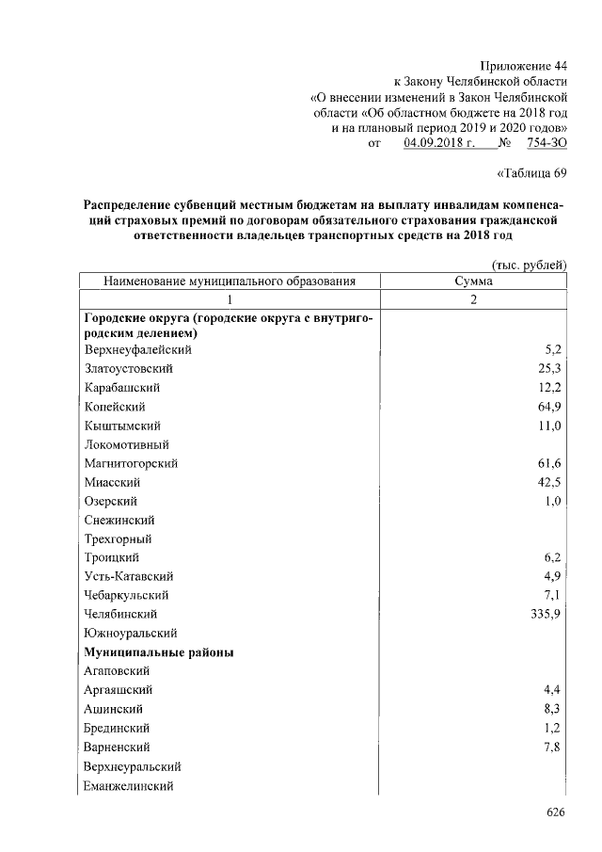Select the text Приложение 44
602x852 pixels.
(x=524, y=65)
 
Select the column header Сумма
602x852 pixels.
(x=474, y=281)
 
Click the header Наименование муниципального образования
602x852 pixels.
(x=230, y=281)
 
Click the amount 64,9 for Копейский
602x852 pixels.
(x=550, y=406)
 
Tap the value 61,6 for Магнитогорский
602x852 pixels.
(x=550, y=463)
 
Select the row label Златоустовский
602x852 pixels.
(x=128, y=368)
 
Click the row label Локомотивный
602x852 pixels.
(x=124, y=444)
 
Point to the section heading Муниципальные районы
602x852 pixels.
(x=159, y=652)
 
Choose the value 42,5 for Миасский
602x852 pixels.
(x=550, y=482)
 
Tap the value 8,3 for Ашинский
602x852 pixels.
(x=554, y=709)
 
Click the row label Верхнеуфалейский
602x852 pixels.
(x=138, y=349)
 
